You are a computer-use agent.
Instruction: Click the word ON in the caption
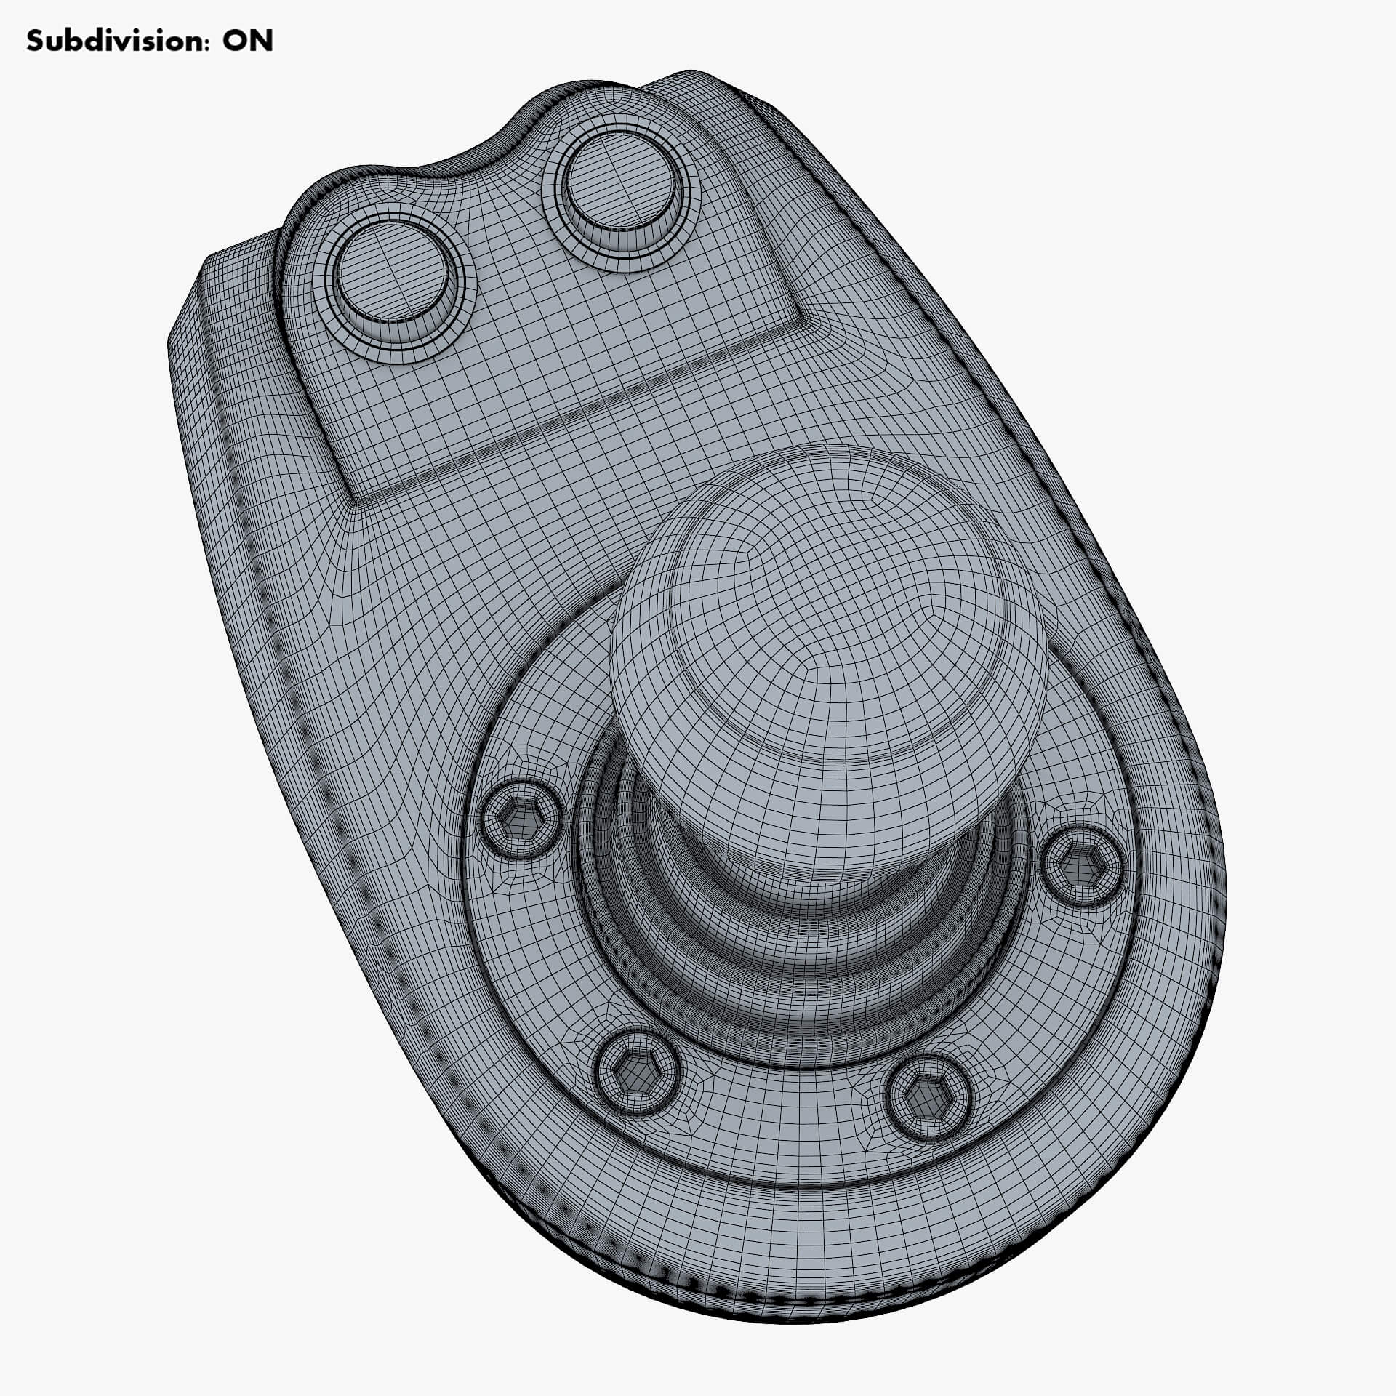[x=247, y=41]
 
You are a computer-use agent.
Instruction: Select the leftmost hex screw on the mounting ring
[x=521, y=819]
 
